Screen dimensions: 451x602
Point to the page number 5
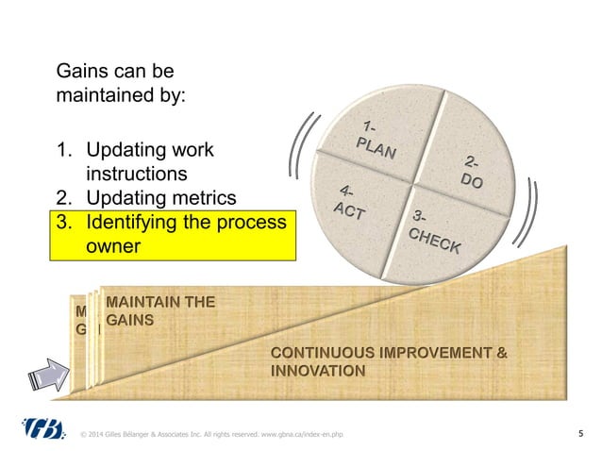[x=578, y=434]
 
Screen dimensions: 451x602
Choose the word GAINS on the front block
[x=130, y=321]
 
